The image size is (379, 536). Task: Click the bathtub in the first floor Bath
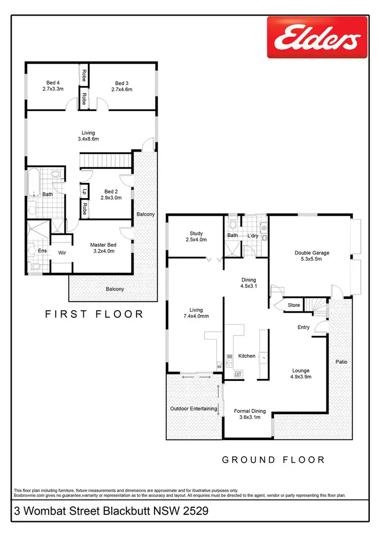(34, 181)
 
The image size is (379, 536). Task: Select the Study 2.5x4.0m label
(196, 236)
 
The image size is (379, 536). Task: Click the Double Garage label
(311, 257)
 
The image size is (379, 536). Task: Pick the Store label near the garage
(294, 305)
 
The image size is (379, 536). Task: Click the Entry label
(303, 327)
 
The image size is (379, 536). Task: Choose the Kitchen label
(247, 356)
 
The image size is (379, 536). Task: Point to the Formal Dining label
(250, 414)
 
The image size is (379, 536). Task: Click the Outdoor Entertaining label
(194, 409)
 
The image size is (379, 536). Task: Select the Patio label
(342, 362)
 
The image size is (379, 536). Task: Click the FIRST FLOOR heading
(94, 314)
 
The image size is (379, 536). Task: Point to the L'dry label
(253, 236)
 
